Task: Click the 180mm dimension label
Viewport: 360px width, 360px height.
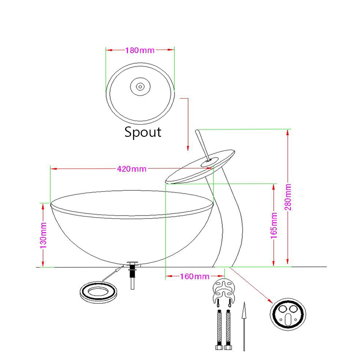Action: point(139,49)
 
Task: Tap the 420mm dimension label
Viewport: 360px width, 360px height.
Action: point(131,169)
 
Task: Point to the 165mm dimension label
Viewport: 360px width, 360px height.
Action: point(273,224)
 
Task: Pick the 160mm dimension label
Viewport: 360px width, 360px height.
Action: point(194,276)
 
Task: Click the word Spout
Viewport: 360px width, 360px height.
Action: point(142,132)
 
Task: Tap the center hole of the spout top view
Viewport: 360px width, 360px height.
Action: point(139,85)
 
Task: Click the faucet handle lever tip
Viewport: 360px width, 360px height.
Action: point(197,132)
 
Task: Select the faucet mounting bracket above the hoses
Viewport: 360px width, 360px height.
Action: point(223,291)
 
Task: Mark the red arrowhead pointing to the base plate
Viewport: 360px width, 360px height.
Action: point(270,301)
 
